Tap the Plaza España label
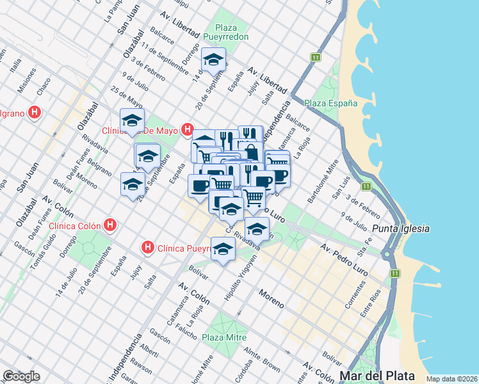coord(330,103)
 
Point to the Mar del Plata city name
coord(377,376)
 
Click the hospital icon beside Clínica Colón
coord(111,225)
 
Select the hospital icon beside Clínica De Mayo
coord(187,130)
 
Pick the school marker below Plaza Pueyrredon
coord(213,61)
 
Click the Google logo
coord(21,376)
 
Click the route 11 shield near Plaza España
coord(316,58)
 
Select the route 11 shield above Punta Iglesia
coord(366,186)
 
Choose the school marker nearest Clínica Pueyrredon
coord(223,250)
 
